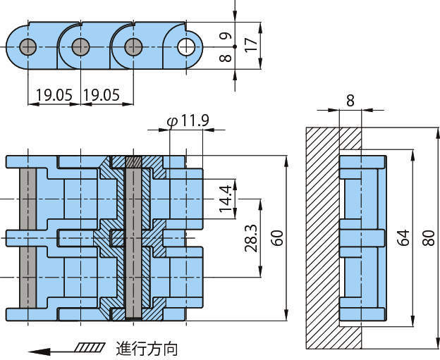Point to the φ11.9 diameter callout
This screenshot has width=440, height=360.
[188, 121]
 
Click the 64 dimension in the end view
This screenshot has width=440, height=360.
[403, 237]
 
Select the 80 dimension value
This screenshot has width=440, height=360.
[427, 237]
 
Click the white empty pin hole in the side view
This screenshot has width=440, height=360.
[187, 46]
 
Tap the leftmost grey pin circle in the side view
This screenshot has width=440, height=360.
[28, 47]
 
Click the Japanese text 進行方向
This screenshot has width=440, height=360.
[147, 348]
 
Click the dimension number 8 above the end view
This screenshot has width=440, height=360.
[350, 100]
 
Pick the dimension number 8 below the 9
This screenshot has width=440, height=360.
[224, 58]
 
